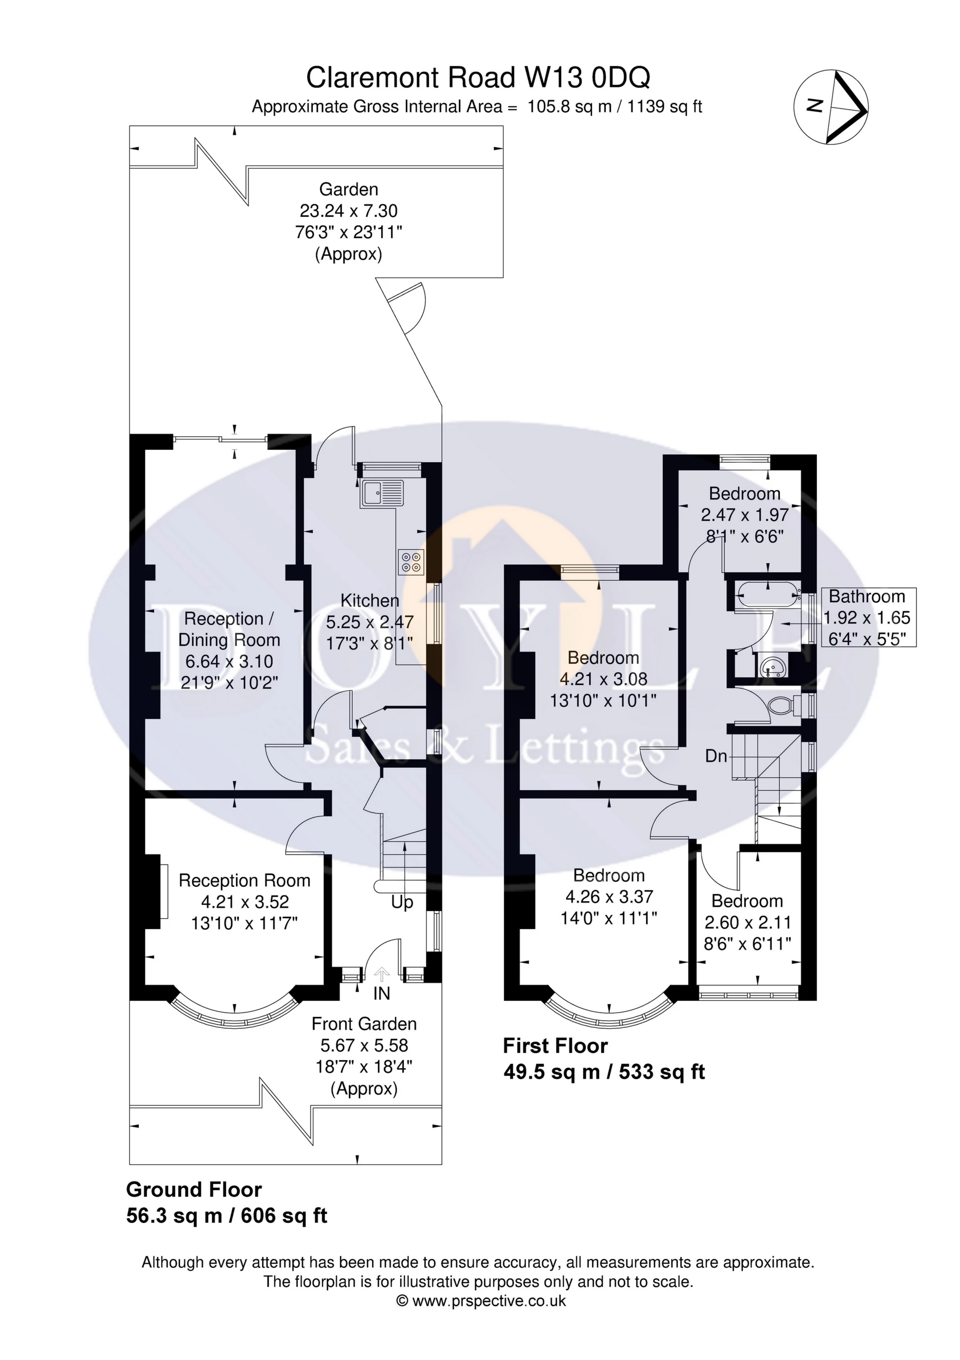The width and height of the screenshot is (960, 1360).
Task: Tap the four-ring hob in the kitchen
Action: tap(412, 561)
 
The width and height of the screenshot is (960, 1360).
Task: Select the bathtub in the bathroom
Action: tap(767, 594)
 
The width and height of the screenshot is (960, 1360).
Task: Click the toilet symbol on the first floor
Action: tap(781, 706)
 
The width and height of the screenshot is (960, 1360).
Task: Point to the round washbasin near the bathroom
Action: tap(772, 668)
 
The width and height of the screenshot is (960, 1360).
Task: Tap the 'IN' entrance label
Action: tap(382, 993)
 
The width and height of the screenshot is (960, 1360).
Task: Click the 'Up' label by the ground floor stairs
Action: tap(402, 902)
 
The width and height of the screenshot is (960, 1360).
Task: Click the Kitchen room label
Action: tap(369, 601)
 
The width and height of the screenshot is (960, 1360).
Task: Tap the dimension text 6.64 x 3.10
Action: tap(229, 661)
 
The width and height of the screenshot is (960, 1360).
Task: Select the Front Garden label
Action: tap(364, 1024)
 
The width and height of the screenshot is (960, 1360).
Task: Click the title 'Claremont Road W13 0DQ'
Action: tap(478, 78)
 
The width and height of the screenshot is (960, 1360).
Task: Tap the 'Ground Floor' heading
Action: tap(193, 1190)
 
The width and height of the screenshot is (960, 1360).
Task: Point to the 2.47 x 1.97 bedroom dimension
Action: tap(745, 515)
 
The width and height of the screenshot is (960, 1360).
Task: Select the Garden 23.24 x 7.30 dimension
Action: tap(348, 211)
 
